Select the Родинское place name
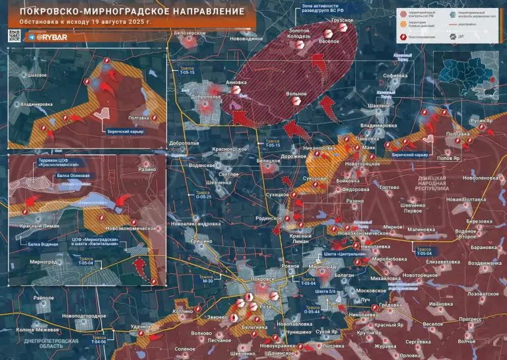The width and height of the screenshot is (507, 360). click(269, 218)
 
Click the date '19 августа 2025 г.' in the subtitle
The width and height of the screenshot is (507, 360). click(116, 23)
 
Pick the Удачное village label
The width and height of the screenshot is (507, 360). click(141, 326)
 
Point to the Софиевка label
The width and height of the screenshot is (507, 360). click(395, 76)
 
